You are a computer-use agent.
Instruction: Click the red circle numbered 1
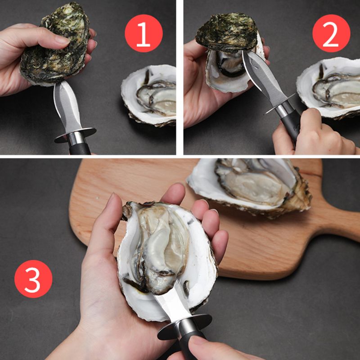[x=144, y=33]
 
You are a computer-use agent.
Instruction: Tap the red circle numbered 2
[x=331, y=33]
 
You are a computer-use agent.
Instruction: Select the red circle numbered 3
[x=33, y=279]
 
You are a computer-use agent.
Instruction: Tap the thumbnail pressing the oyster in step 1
[x=62, y=40]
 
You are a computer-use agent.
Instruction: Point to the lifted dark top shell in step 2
[x=227, y=32]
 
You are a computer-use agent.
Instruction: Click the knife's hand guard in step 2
[x=279, y=104]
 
